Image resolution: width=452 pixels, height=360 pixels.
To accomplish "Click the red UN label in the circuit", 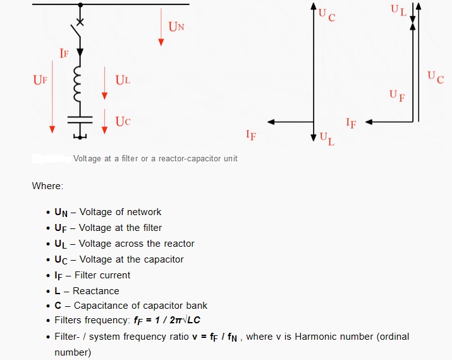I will [x=176, y=27].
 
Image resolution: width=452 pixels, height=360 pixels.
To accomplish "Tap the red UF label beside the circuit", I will [x=40, y=80].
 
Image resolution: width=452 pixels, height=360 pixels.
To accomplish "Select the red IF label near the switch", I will [x=64, y=54].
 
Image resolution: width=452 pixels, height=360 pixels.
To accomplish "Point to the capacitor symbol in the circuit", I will [x=80, y=119].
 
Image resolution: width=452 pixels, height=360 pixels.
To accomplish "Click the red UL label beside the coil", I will [x=123, y=80].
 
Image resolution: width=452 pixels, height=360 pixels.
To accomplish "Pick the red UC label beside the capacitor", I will [x=123, y=121].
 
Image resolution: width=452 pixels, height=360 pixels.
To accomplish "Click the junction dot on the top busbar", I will [x=80, y=4].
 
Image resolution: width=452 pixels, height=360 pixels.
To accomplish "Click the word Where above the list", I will [x=47, y=187].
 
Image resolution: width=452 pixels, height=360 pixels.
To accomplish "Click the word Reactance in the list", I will [x=95, y=291].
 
